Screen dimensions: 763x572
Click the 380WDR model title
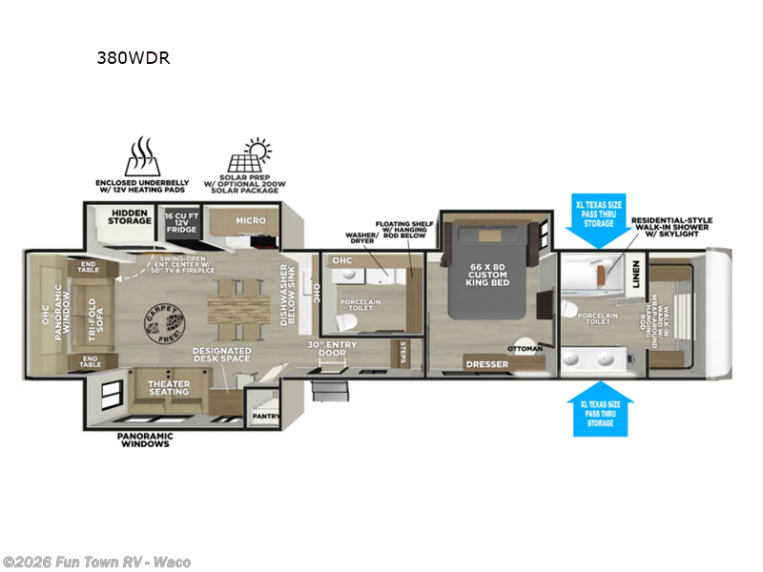tap(133, 56)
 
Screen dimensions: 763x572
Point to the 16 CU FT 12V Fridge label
tap(181, 222)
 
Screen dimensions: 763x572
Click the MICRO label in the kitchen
tap(251, 220)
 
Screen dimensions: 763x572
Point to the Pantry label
tap(264, 417)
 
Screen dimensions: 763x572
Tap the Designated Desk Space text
tap(221, 355)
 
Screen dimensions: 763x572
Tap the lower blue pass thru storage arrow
tap(599, 409)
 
